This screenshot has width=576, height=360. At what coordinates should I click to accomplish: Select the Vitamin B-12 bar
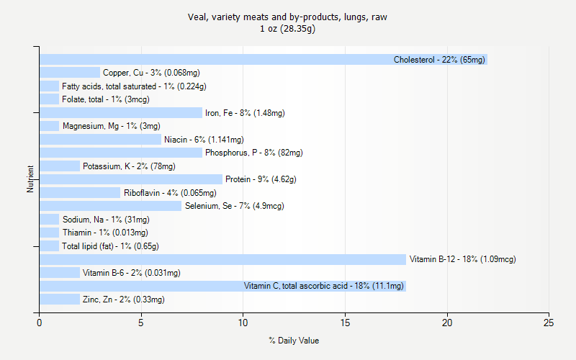(223, 259)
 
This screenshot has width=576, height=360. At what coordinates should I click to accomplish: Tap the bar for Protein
(131, 179)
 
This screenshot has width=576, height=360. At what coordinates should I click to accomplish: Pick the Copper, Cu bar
(70, 73)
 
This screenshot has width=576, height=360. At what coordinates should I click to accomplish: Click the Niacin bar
(101, 140)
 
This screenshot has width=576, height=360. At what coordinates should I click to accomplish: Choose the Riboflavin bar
(80, 193)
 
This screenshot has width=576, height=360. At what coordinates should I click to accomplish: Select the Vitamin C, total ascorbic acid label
(323, 286)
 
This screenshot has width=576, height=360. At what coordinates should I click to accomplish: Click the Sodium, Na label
(106, 220)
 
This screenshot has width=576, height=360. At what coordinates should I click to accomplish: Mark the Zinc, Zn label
(123, 300)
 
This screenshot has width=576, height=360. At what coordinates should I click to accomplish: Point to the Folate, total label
(100, 99)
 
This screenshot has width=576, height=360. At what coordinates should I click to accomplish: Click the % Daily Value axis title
(294, 341)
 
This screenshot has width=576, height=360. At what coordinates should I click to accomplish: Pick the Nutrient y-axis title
(31, 179)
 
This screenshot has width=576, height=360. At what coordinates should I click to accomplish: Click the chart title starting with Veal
(287, 17)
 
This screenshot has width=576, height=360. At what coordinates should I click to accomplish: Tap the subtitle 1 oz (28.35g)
(287, 29)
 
